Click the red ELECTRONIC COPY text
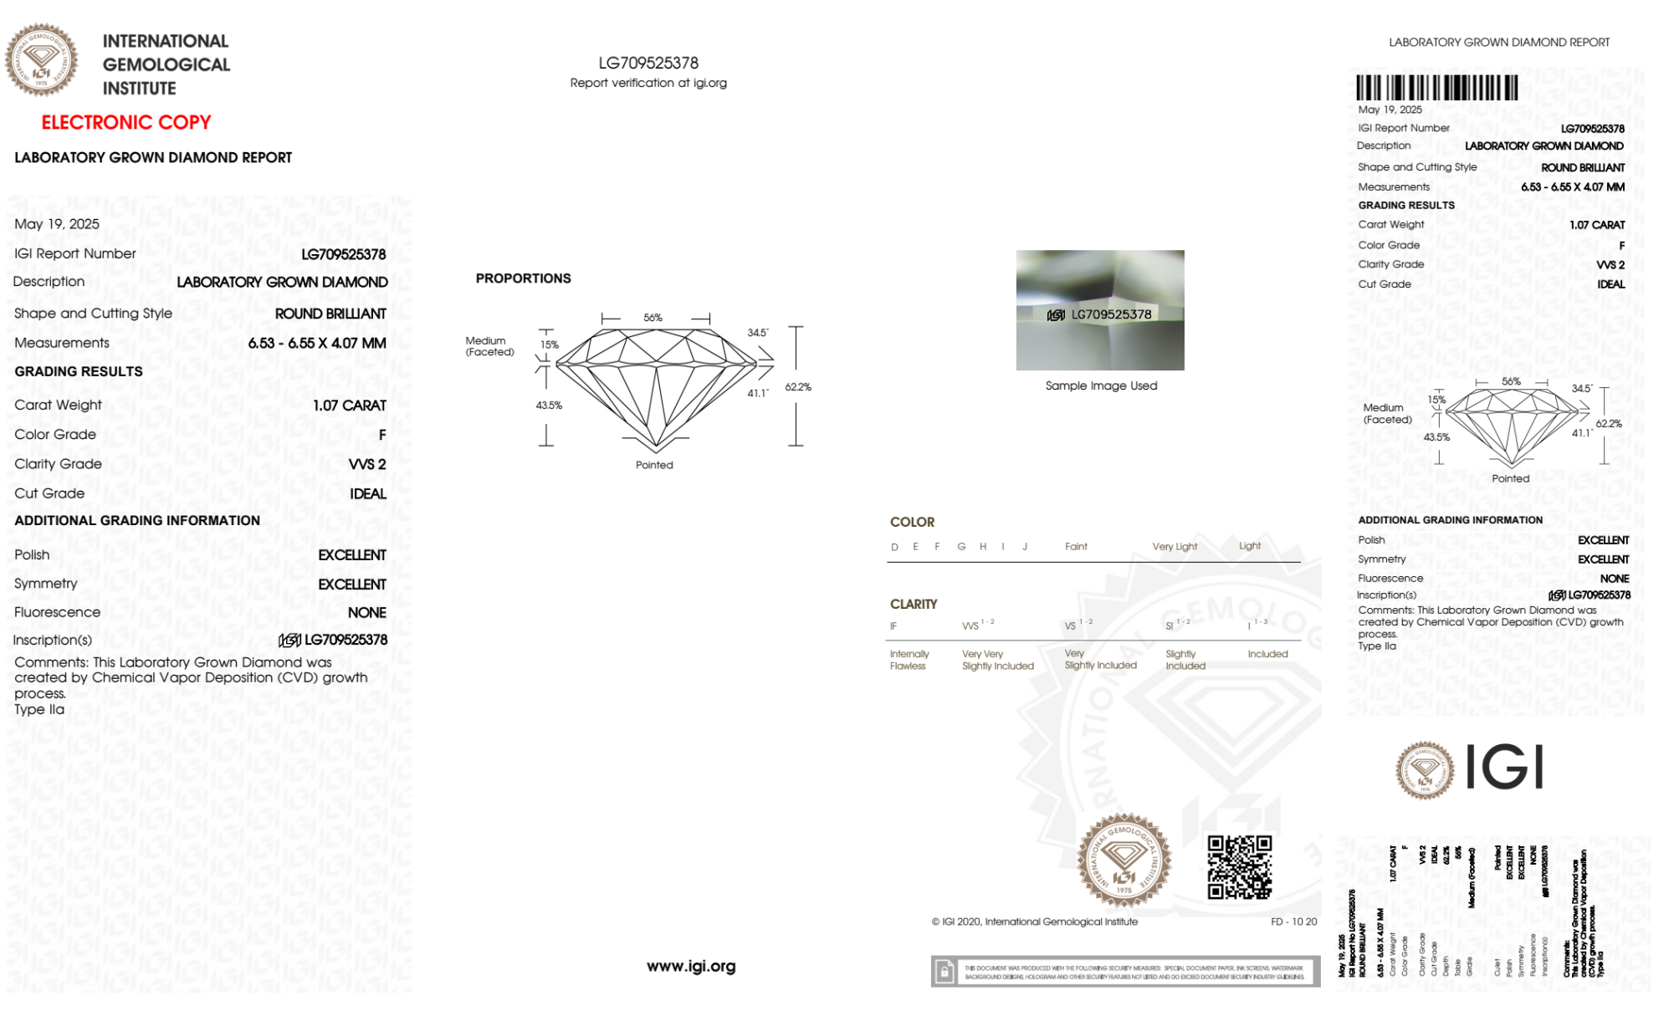point(125,122)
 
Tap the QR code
point(1239,867)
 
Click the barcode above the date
point(1436,88)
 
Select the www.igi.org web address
point(691,966)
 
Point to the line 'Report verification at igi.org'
point(648,83)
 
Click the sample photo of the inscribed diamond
point(1100,309)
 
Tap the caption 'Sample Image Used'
point(1101,385)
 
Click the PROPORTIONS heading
point(523,278)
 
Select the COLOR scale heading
point(912,522)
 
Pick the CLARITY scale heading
point(914,604)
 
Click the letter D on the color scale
point(894,547)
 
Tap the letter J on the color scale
point(1025,547)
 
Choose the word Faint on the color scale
point(1076,547)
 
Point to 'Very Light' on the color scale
point(1175,547)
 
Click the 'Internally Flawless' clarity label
point(909,660)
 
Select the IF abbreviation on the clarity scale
point(893,626)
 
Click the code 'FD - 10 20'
point(1293,922)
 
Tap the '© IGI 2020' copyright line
point(1034,922)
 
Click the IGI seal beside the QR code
point(1124,860)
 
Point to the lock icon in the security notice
point(945,972)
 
